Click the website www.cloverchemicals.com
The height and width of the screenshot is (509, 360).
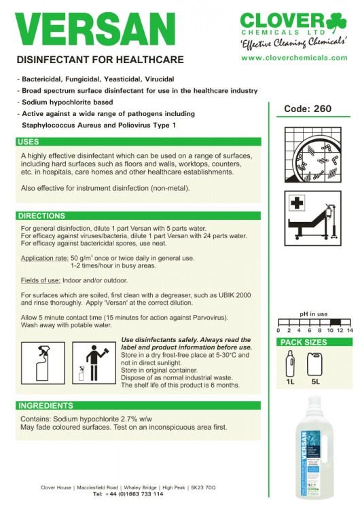[x=294, y=58]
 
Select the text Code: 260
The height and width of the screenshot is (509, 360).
[x=312, y=109]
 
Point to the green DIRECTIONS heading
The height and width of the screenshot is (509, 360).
[x=42, y=216]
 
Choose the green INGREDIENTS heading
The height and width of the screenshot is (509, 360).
[x=46, y=406]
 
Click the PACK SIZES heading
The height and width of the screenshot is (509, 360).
[x=304, y=342]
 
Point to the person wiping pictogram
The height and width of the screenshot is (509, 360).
[x=93, y=363]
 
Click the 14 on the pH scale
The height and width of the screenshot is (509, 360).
[x=350, y=330]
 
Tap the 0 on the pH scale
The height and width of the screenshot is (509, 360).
[x=279, y=330]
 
